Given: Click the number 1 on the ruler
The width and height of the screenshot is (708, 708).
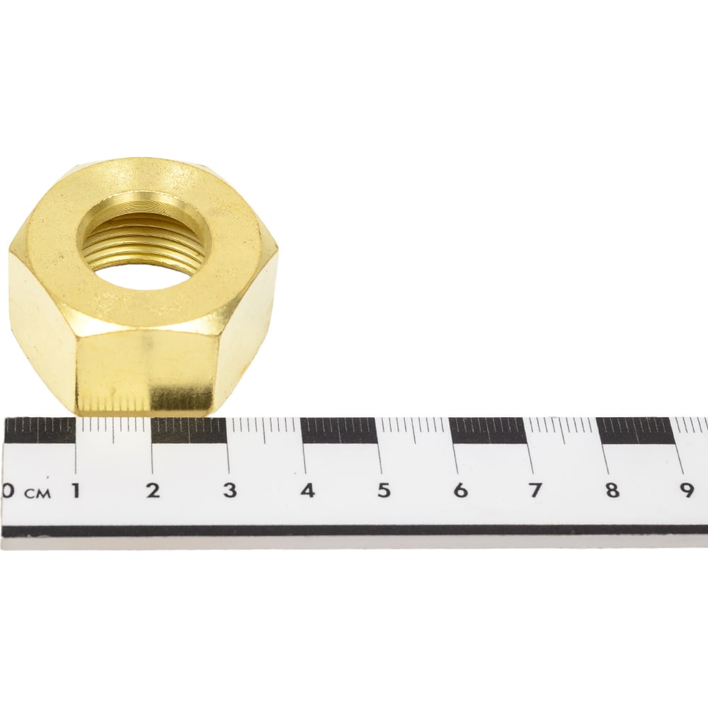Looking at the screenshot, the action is coord(76,491).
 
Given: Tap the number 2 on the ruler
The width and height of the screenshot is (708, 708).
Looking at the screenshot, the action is coord(153,491).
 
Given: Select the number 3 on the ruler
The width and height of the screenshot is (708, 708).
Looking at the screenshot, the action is coord(230,491).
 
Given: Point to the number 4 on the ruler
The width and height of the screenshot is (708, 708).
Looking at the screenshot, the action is coord(308,491).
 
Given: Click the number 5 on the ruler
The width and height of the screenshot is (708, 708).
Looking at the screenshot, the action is coord(384,491).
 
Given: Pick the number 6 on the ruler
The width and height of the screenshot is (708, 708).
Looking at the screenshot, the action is coord(460,491).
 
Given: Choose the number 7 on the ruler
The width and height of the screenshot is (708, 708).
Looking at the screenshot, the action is coord(536,491).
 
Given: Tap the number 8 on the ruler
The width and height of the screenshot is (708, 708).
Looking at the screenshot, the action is coord(612,491).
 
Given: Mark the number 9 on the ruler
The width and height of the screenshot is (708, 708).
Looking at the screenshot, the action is coord(687,491).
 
